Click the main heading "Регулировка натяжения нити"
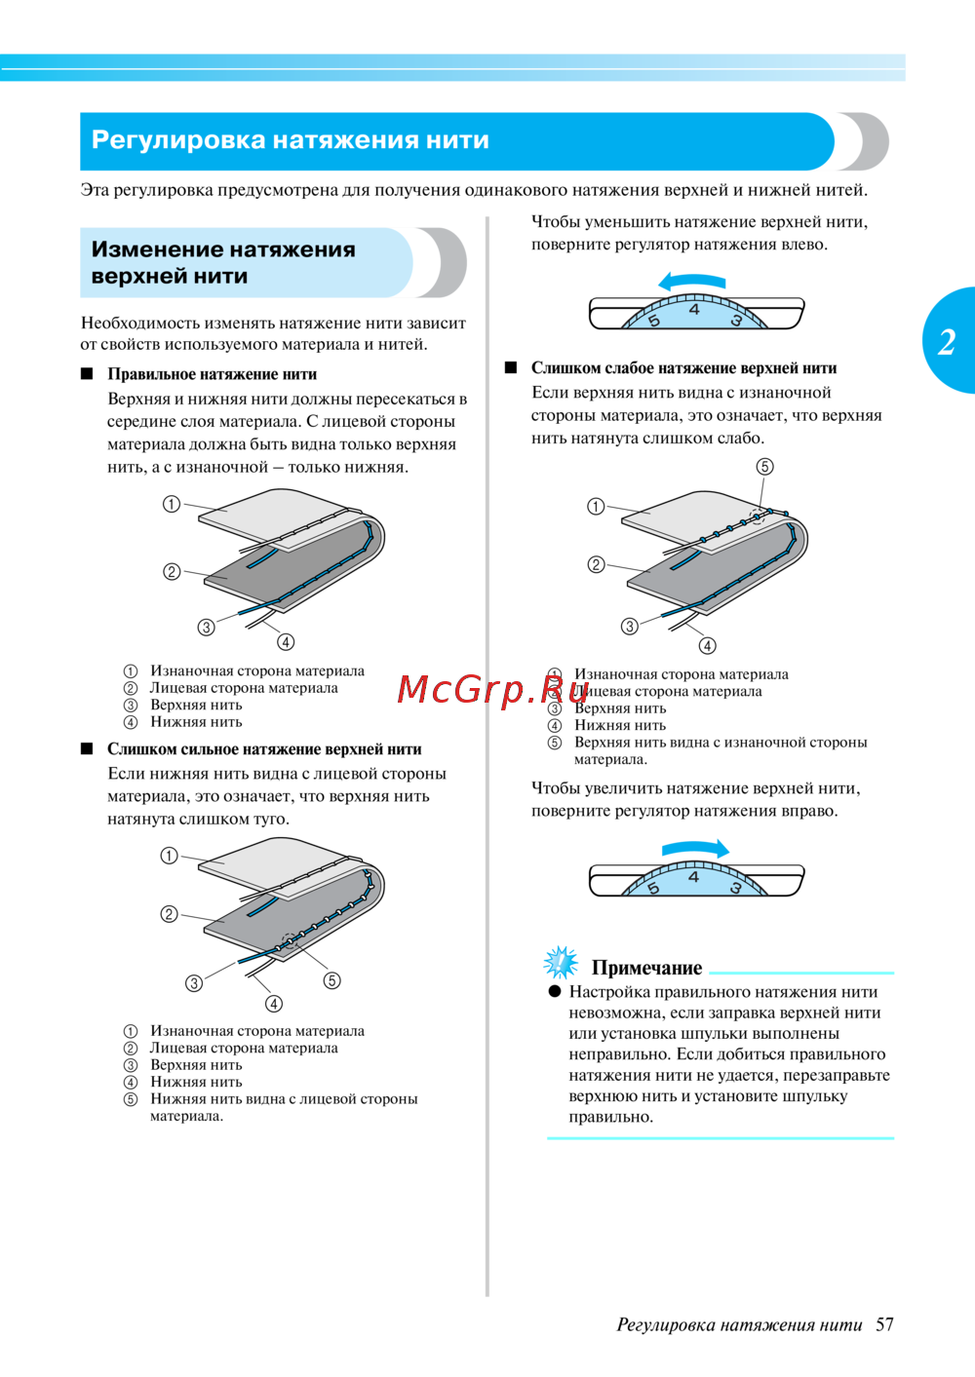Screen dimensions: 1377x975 [290, 140]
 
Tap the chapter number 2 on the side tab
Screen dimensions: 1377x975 [947, 342]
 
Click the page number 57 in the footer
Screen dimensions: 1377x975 [884, 1324]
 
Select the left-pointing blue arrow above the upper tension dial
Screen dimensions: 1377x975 [691, 282]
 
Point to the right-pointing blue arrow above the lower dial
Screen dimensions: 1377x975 [695, 849]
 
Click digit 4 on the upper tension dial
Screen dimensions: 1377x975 [694, 309]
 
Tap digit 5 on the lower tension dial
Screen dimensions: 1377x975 [653, 888]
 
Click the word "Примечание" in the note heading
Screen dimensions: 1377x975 [646, 968]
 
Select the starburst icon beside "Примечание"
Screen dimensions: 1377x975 [561, 963]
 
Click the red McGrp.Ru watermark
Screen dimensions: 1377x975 [480, 689]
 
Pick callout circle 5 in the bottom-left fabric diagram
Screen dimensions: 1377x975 [332, 980]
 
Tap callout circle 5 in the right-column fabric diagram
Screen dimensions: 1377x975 [764, 467]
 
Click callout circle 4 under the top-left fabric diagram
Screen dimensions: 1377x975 [286, 641]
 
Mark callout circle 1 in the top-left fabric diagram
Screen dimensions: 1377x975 [172, 504]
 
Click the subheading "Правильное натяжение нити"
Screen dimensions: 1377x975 [212, 374]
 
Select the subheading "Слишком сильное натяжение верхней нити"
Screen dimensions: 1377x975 [264, 749]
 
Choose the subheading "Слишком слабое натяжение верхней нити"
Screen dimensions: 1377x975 [683, 368]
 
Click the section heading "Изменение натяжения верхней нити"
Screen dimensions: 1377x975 [223, 262]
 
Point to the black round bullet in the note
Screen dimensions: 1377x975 [555, 991]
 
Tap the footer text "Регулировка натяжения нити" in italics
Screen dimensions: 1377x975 [739, 1324]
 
